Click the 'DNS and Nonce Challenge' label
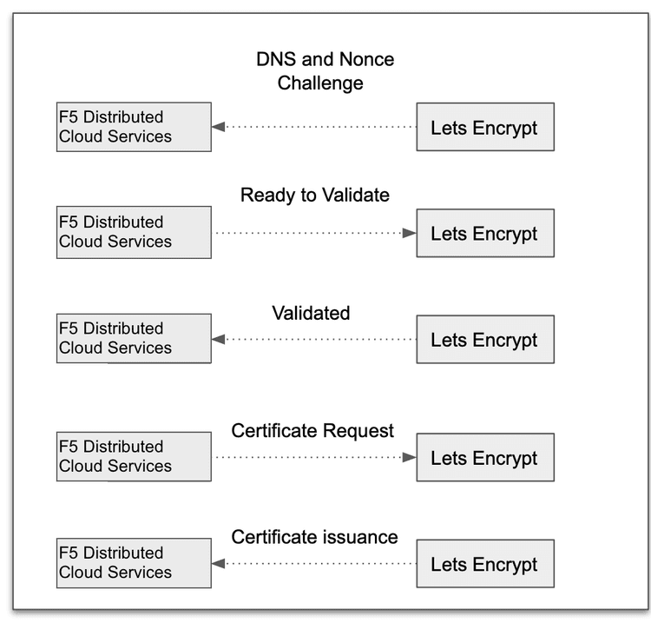click(x=325, y=71)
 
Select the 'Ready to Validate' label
click(x=314, y=195)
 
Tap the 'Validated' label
click(x=311, y=313)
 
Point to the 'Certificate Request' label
click(x=312, y=430)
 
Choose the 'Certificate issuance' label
click(x=314, y=537)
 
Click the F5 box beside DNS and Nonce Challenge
click(x=134, y=127)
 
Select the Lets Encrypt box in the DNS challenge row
click(x=484, y=128)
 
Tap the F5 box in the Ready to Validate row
click(x=134, y=232)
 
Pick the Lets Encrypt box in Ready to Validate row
click(x=484, y=233)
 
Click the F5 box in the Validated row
click(x=134, y=338)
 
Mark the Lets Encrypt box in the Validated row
click(x=484, y=339)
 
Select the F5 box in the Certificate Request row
click(x=134, y=456)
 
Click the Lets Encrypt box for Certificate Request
click(x=484, y=457)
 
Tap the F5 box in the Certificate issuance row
click(x=134, y=563)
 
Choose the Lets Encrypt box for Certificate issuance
click(x=484, y=564)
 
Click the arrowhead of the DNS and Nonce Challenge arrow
click(x=219, y=127)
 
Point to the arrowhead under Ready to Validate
click(x=409, y=233)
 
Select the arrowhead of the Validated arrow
click(x=219, y=339)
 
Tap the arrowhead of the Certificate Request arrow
click(x=409, y=457)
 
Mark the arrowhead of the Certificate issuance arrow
click(x=219, y=564)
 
